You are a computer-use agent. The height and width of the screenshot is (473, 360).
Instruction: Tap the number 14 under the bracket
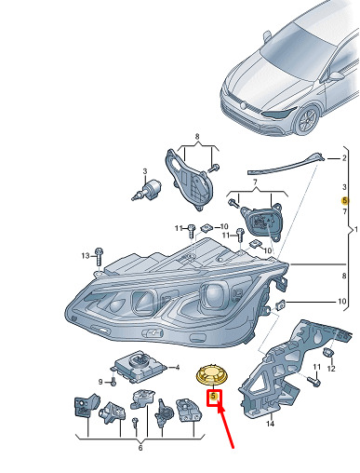click(270, 424)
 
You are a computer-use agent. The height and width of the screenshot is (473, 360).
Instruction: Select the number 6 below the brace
click(140, 448)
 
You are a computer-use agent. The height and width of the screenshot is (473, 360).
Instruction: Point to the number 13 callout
click(86, 256)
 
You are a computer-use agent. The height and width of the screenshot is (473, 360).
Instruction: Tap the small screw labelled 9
click(113, 382)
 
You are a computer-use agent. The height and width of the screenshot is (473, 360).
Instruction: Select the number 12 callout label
click(331, 369)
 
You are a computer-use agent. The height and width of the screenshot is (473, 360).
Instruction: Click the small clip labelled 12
click(327, 353)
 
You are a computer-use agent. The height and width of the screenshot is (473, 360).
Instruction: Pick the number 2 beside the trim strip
click(344, 158)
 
